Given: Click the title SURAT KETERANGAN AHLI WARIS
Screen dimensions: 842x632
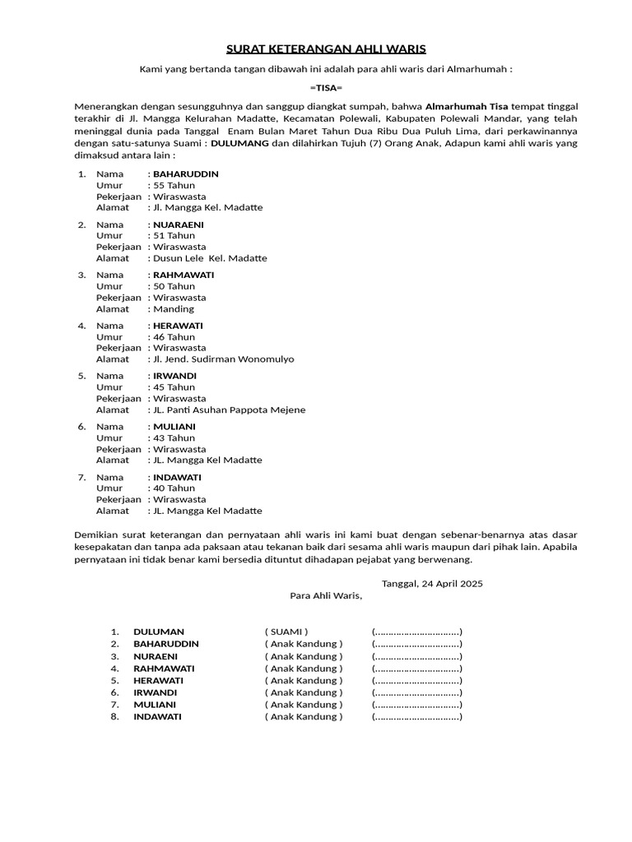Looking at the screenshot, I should click(x=326, y=49).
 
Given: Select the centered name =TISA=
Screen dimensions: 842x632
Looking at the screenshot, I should click(x=326, y=88).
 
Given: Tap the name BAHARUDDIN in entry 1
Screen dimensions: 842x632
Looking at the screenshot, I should click(x=186, y=174).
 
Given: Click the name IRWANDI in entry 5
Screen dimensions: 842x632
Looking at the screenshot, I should click(x=174, y=376).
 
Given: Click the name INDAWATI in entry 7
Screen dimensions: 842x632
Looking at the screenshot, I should click(x=177, y=477).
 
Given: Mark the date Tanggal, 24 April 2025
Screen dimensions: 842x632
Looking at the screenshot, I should click(x=432, y=584).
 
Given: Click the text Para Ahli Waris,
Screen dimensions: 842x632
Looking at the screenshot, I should click(x=326, y=596).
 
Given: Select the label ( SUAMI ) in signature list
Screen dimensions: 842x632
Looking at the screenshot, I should click(x=286, y=632).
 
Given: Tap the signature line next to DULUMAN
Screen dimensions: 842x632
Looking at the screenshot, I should click(x=417, y=632).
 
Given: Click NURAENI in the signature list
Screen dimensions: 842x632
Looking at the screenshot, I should click(x=156, y=656).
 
